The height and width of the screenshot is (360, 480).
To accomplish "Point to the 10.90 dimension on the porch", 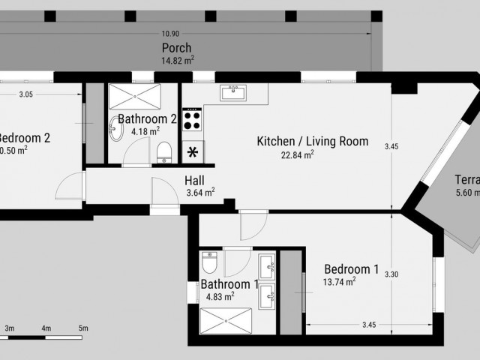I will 170,34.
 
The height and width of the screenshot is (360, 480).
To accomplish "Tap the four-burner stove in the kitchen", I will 192,120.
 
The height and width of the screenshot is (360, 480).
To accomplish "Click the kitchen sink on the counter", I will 233,92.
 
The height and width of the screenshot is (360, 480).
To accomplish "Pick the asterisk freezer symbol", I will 192,152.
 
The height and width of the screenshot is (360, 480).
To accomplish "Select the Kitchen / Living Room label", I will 312,141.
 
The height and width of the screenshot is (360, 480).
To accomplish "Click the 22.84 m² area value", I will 297,154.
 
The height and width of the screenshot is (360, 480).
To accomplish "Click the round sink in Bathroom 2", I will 115,131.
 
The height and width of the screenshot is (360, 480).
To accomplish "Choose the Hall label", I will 194,181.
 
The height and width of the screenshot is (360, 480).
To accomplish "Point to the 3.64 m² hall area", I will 200,192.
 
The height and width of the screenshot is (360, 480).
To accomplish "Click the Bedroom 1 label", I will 351,269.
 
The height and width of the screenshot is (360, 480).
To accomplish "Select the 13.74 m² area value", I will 339,282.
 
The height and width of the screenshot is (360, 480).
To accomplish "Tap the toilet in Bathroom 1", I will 210,264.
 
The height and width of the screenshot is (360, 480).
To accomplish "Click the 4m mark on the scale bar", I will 46,328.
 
